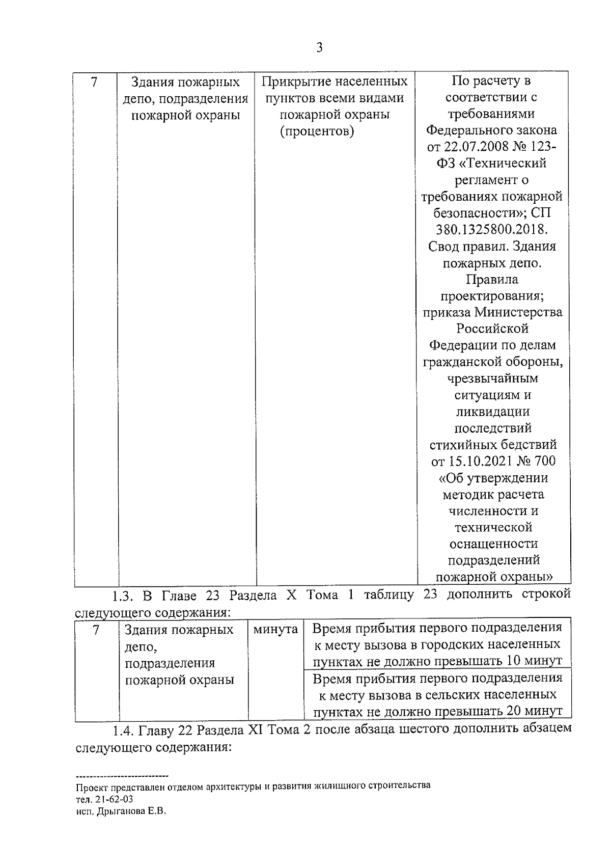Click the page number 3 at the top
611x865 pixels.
319,48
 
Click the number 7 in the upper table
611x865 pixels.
94,82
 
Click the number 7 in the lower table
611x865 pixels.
96,630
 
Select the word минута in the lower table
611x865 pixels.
275,629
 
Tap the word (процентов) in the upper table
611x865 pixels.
316,131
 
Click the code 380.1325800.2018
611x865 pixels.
491,229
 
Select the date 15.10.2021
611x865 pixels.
478,461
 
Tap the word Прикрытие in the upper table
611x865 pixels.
294,82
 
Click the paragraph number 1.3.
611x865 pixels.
122,595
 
